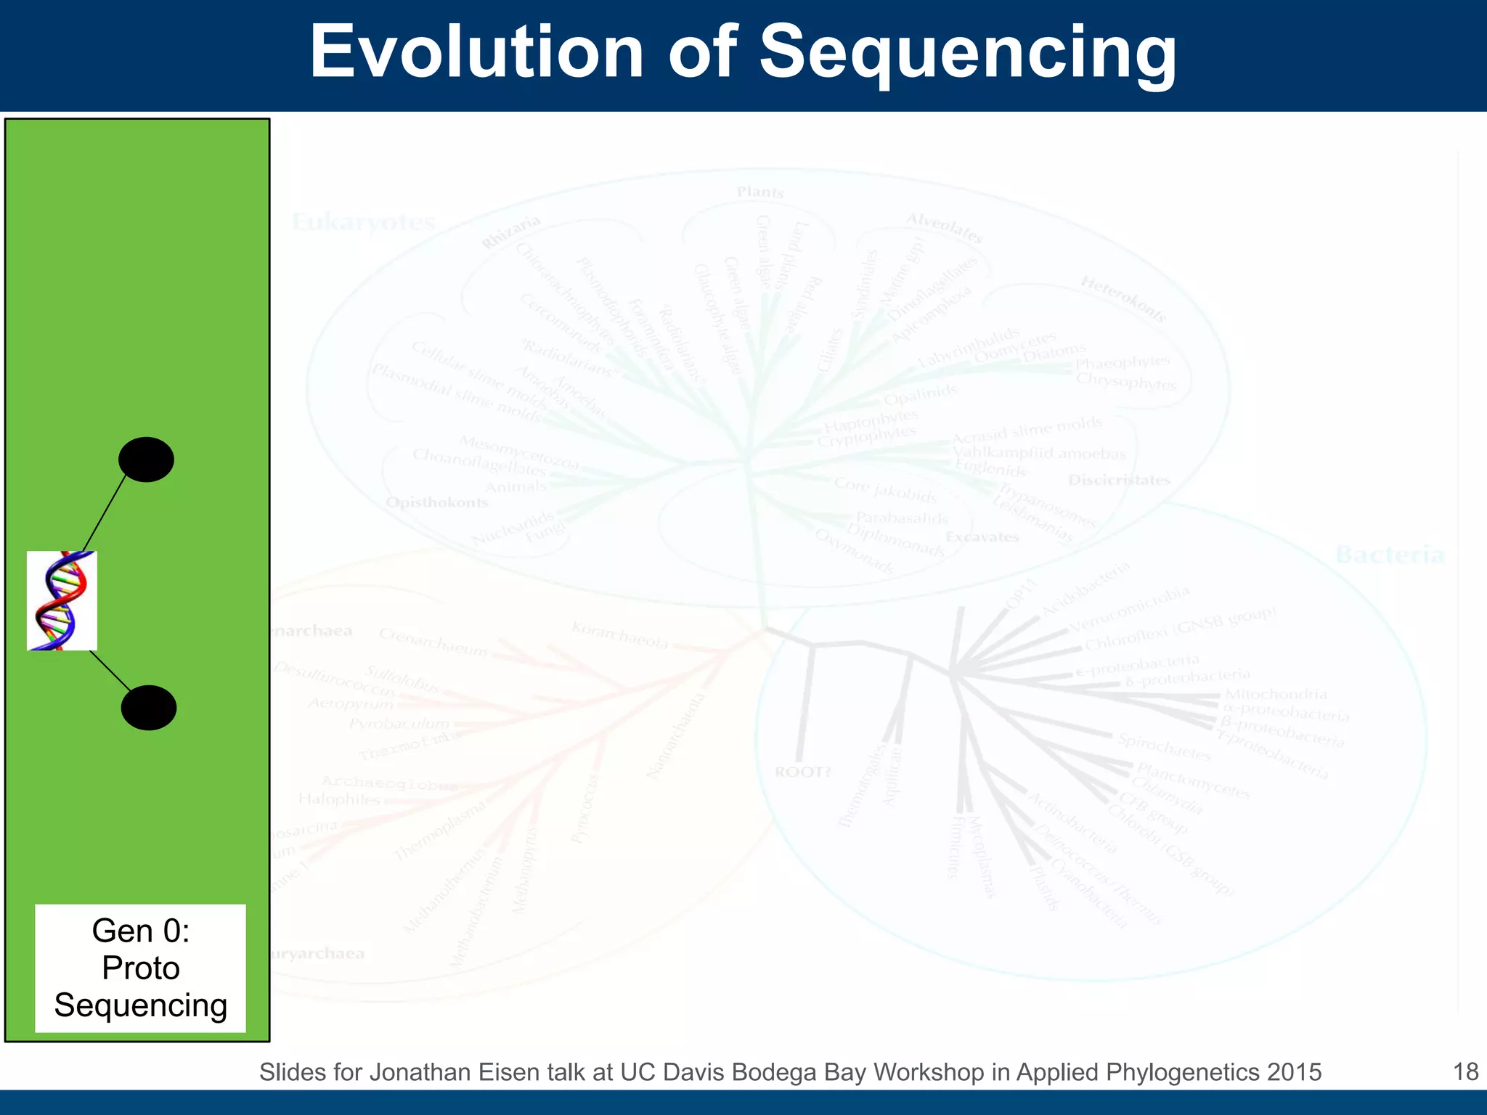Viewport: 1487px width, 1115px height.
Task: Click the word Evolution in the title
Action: point(476,52)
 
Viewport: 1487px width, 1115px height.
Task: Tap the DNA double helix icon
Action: point(62,600)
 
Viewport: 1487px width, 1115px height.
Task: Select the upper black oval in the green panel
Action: point(146,460)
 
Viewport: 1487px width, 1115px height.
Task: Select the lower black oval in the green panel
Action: point(148,708)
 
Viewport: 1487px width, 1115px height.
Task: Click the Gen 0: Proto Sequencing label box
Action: point(140,968)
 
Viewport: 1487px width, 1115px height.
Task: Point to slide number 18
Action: point(1465,1072)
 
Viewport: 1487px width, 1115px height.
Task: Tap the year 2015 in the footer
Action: point(1294,1072)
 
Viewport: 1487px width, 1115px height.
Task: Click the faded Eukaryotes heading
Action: point(363,222)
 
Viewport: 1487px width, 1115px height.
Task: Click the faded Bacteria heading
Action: point(1390,555)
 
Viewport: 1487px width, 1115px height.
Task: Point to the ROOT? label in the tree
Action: point(802,772)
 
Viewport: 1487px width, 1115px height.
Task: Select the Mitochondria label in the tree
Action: point(1276,695)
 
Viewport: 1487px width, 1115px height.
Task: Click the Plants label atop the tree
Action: point(760,192)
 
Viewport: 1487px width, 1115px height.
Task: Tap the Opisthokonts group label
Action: point(436,502)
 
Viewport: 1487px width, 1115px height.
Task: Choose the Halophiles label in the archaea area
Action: point(339,799)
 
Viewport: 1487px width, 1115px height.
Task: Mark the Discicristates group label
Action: point(1119,480)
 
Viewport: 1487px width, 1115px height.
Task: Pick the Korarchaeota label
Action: point(619,635)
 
